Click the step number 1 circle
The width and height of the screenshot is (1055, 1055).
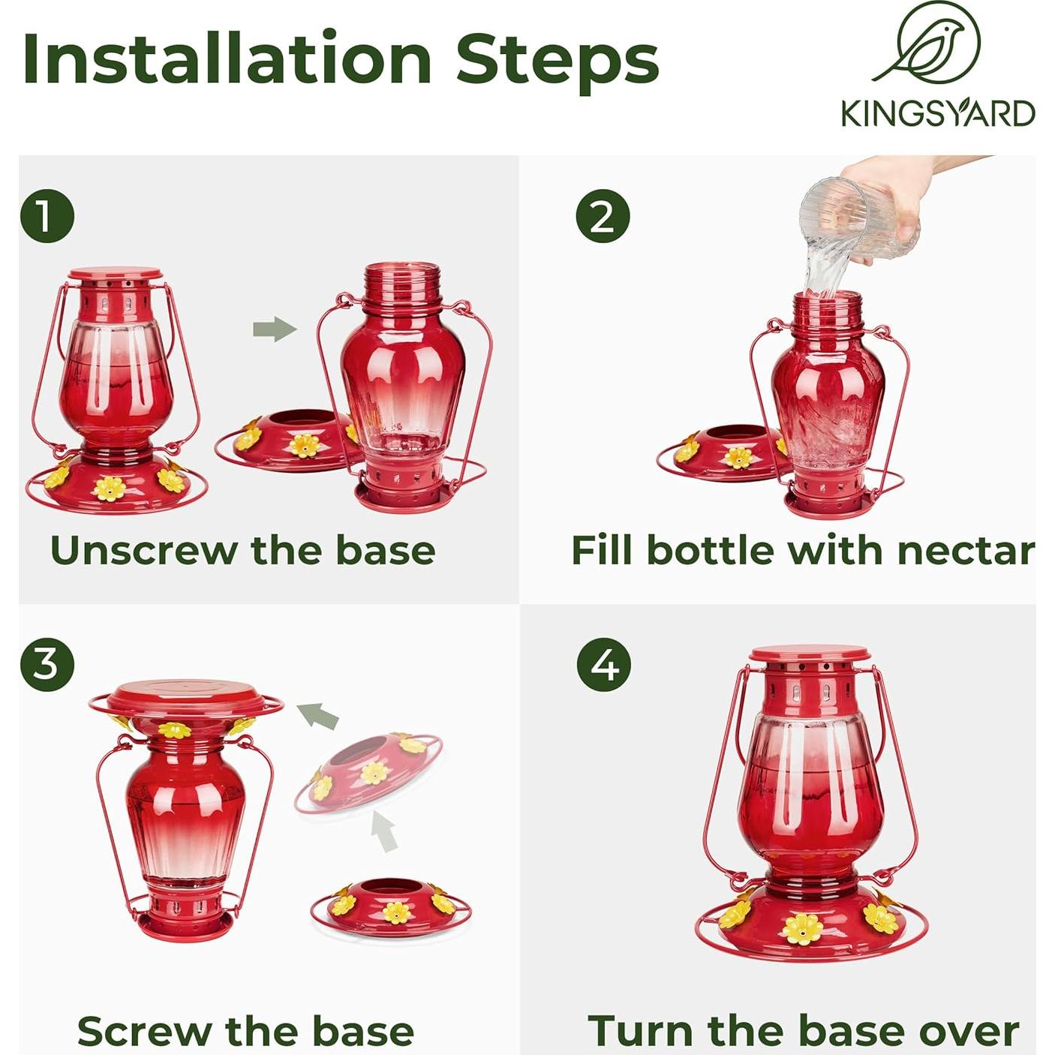pyautogui.click(x=47, y=216)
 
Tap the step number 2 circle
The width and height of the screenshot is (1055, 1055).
pyautogui.click(x=603, y=216)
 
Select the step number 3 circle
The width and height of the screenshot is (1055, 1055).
pyautogui.click(x=47, y=664)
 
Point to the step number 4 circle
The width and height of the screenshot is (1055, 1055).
pyautogui.click(x=604, y=664)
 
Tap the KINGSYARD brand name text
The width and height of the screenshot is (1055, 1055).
pyautogui.click(x=938, y=113)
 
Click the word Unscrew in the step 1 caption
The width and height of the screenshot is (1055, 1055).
pyautogui.click(x=143, y=550)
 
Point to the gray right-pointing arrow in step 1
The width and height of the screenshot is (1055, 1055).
pyautogui.click(x=275, y=329)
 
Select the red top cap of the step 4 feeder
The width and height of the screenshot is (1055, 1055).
pyautogui.click(x=809, y=654)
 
